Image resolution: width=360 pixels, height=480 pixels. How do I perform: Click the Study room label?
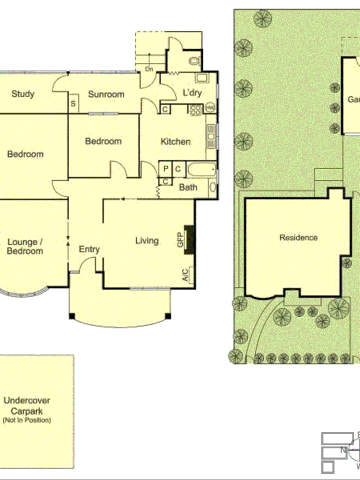pyautogui.click(x=23, y=94)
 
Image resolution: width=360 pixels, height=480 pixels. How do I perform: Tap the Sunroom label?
pyautogui.click(x=106, y=94)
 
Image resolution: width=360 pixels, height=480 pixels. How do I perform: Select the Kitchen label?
pyautogui.click(x=176, y=142)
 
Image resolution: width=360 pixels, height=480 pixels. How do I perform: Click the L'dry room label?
pyautogui.click(x=192, y=93)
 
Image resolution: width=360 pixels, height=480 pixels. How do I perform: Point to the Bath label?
pyautogui.click(x=188, y=187)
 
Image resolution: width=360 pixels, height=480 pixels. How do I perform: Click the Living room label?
pyautogui.click(x=147, y=240)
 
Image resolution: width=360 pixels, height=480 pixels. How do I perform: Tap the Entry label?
pyautogui.click(x=89, y=249)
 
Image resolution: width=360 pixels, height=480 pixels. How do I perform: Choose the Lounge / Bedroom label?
pyautogui.click(x=25, y=247)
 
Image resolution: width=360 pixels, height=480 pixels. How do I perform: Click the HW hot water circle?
pyautogui.click(x=210, y=108)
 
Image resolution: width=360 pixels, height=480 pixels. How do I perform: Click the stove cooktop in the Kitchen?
pyautogui.click(x=196, y=110)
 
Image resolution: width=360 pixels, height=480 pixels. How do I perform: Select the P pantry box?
pyautogui.click(x=166, y=169)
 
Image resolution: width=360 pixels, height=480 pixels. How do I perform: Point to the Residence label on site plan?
pyautogui.click(x=298, y=238)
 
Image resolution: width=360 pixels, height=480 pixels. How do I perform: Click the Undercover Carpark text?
pyautogui.click(x=27, y=406)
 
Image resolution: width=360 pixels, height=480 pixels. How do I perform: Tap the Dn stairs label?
pyautogui.click(x=149, y=69)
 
